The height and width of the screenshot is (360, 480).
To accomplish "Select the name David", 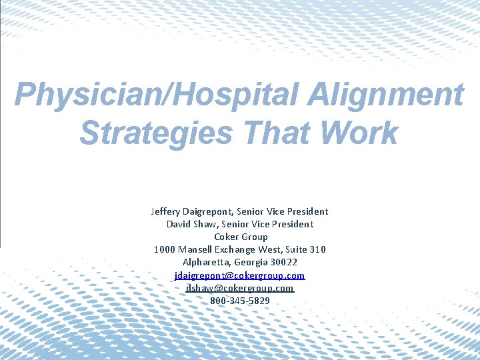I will point(179,224).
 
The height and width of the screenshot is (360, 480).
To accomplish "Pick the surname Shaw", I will point(210,224).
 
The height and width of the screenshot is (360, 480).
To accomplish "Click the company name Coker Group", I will point(240,237).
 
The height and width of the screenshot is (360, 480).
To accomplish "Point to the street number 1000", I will point(165,249).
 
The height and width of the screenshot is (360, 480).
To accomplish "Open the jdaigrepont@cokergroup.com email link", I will point(240,275).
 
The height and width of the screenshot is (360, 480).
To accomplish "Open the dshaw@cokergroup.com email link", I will point(240,288).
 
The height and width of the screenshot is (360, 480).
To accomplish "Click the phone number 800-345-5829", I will point(240,301).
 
